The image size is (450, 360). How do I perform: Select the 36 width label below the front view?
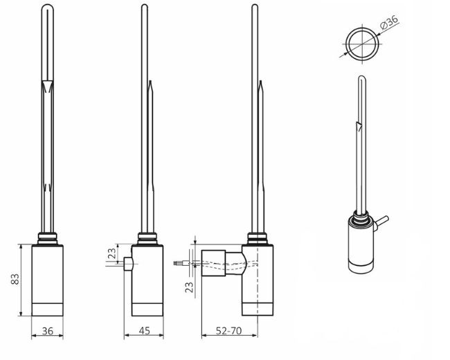tap(48, 331)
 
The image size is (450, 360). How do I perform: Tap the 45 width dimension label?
tap(145, 331)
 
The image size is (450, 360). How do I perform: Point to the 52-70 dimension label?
tap(228, 331)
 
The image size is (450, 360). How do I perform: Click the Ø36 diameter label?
tap(390, 23)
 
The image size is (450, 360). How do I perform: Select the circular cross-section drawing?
tap(363, 43)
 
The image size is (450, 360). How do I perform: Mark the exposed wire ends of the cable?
tap(183, 264)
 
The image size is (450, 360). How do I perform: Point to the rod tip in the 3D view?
tap(360, 78)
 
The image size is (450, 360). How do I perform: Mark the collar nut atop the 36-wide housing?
tap(48, 239)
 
